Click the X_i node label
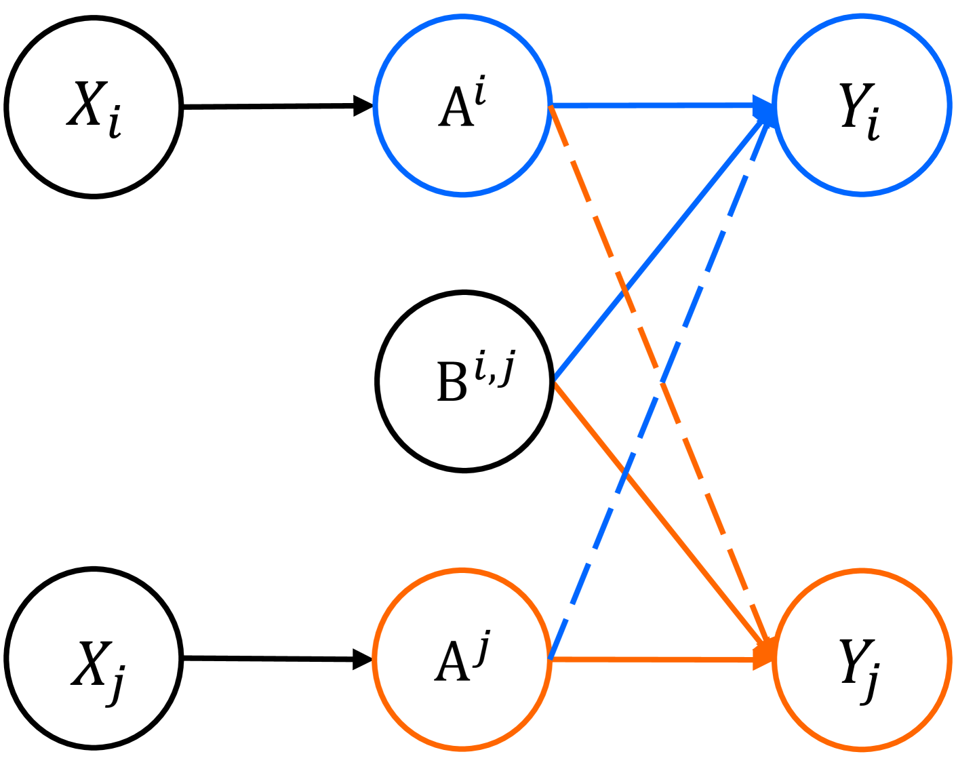click(94, 108)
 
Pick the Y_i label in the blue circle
click(859, 108)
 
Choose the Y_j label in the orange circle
click(859, 669)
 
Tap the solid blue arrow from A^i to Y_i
click(651, 105)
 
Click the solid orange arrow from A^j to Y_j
click(651, 659)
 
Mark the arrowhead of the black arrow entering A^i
click(363, 106)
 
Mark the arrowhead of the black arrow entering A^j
click(363, 658)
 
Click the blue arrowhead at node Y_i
click(763, 107)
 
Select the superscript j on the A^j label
click(483, 648)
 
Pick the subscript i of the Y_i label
click(873, 125)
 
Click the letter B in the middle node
click(452, 382)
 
